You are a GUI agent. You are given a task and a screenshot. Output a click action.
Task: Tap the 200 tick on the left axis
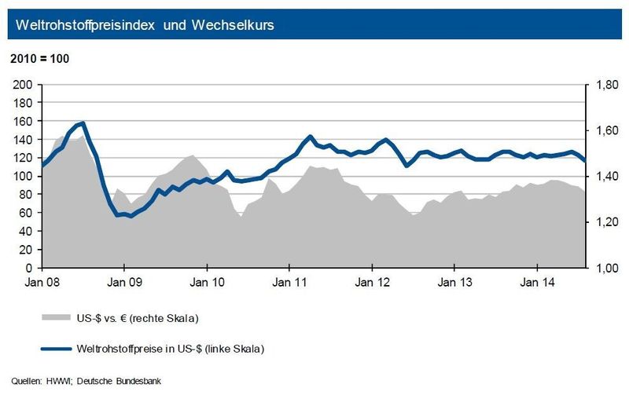pyautogui.click(x=24, y=85)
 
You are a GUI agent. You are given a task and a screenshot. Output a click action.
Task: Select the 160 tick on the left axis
pyautogui.click(x=24, y=121)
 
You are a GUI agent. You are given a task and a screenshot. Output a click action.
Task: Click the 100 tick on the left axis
pyautogui.click(x=24, y=177)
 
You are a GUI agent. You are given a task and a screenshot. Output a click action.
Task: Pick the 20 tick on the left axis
pyautogui.click(x=26, y=250)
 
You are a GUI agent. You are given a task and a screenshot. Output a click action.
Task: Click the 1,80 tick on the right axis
pyautogui.click(x=605, y=85)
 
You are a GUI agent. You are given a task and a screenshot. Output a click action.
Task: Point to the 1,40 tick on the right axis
pyautogui.click(x=605, y=177)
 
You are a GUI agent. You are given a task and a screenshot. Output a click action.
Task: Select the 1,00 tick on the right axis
pyautogui.click(x=605, y=269)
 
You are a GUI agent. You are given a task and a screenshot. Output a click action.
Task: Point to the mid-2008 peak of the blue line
pyautogui.click(x=83, y=123)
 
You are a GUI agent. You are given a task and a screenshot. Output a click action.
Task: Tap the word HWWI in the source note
pyautogui.click(x=57, y=382)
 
